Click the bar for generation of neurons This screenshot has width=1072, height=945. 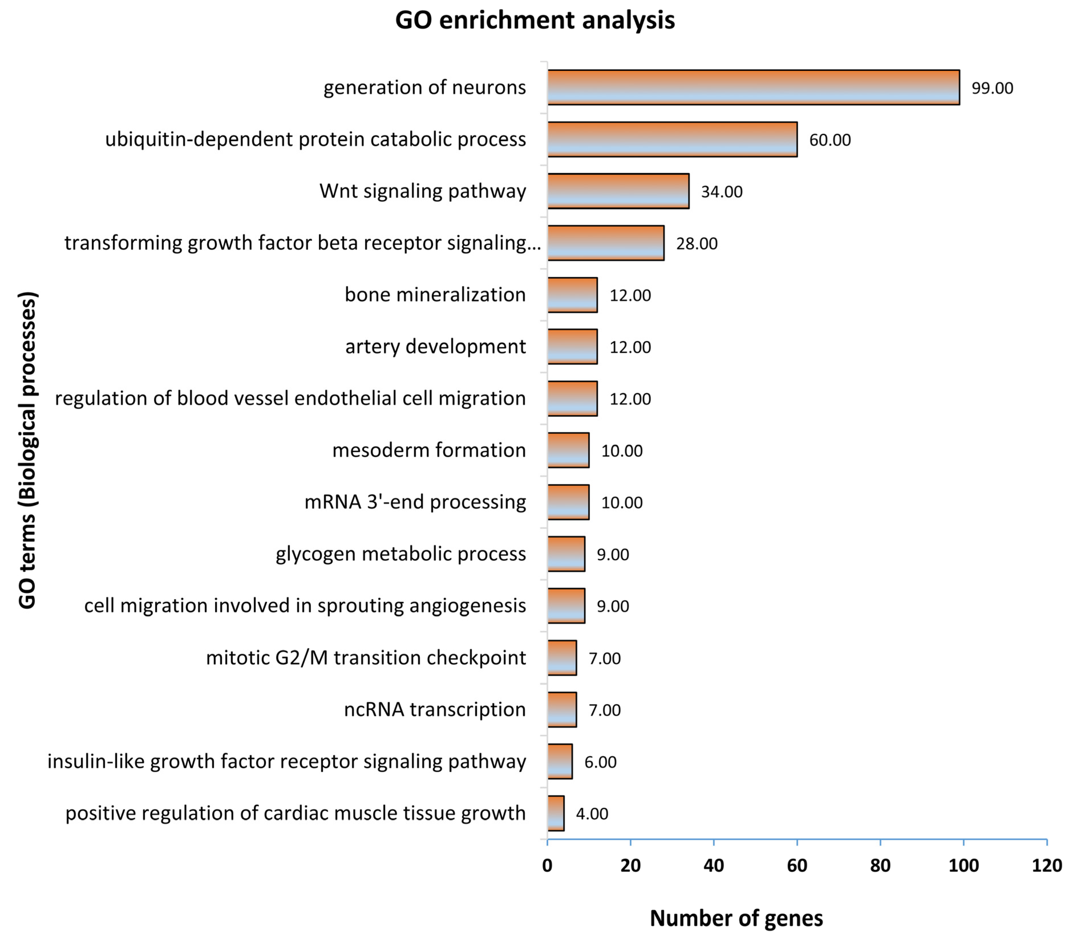pyautogui.click(x=753, y=87)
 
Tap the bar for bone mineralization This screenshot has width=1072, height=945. pyautogui.click(x=572, y=295)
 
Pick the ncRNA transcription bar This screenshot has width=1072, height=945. pyautogui.click(x=562, y=709)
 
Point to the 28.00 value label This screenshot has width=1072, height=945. pyautogui.click(x=697, y=243)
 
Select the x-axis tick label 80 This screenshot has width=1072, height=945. pyautogui.click(x=880, y=865)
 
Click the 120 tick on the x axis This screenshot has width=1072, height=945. pyautogui.click(x=1046, y=865)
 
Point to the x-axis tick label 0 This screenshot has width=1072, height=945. pyautogui.click(x=547, y=865)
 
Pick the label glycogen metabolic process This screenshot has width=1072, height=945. pyautogui.click(x=401, y=554)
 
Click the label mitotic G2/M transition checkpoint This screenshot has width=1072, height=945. pyautogui.click(x=365, y=657)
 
